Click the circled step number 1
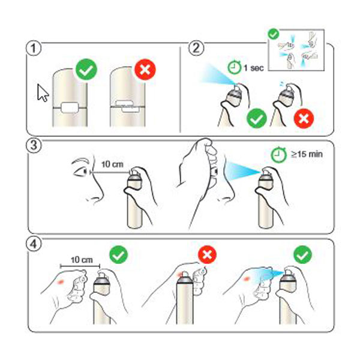[34, 48]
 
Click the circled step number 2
[196, 48]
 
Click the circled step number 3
[34, 146]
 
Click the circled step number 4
[34, 244]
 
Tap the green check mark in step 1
[86, 70]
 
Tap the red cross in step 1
[145, 70]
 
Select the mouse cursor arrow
[43, 93]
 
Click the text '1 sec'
[254, 68]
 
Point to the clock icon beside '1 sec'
[234, 67]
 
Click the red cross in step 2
[304, 118]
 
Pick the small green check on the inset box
[273, 34]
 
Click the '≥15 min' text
[307, 154]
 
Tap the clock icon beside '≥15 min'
[278, 155]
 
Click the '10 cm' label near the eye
[112, 164]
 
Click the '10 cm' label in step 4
[82, 260]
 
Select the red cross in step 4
[207, 254]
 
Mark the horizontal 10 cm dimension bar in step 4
[80, 266]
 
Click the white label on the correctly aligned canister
[70, 108]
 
